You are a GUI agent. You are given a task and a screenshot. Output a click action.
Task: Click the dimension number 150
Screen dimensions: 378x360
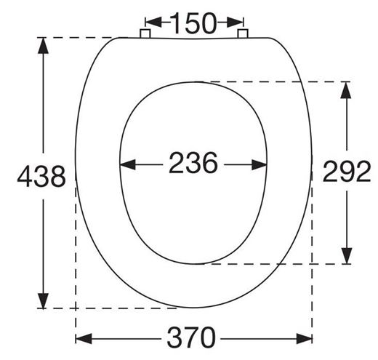tap(193, 23)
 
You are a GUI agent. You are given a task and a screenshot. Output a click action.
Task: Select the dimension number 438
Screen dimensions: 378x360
tap(41, 176)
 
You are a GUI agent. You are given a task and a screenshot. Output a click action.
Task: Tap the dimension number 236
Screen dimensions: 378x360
tap(193, 162)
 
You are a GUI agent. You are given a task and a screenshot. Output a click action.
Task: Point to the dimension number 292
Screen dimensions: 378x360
tap(347, 171)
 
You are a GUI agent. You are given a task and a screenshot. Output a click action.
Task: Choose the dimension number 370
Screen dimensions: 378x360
tap(191, 337)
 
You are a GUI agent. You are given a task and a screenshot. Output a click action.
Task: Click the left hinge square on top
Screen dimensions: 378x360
tap(145, 33)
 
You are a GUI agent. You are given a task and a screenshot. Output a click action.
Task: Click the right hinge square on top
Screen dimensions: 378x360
tap(243, 33)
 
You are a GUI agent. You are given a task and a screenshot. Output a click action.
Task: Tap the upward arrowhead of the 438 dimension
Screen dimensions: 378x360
tap(44, 45)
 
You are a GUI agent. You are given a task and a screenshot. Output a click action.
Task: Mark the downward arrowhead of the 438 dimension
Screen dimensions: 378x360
tap(44, 300)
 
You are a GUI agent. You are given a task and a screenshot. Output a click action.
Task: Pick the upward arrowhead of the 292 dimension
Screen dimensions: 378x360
tap(346, 89)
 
